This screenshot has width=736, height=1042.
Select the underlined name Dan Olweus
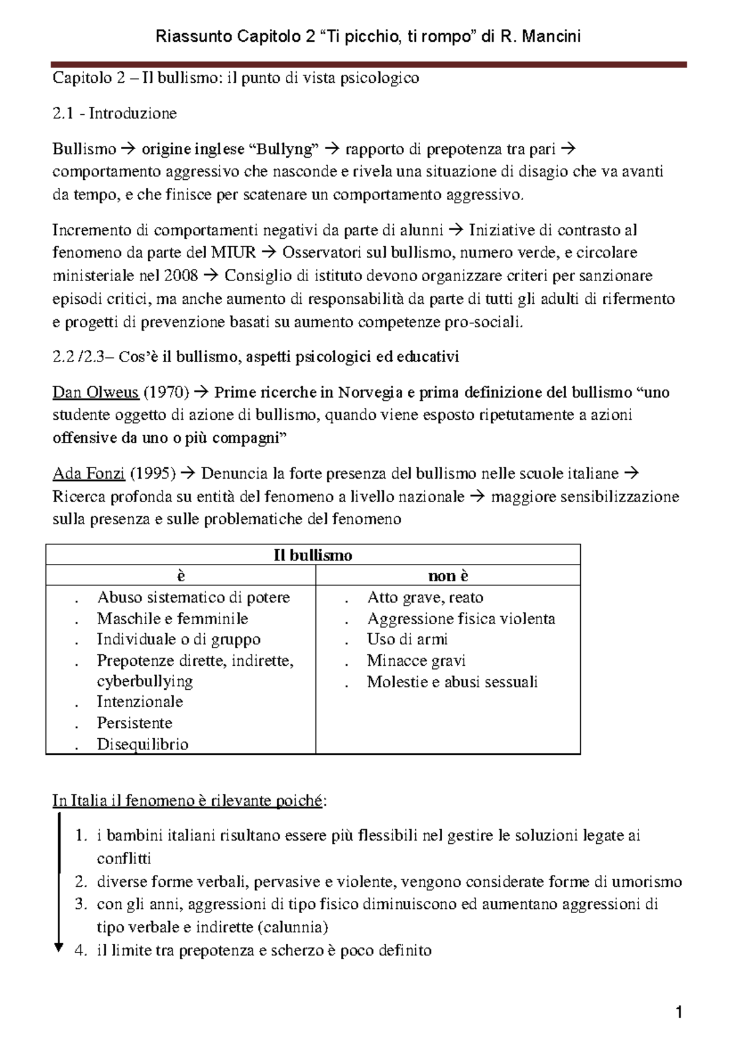coord(95,392)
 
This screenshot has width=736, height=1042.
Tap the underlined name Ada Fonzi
coord(89,474)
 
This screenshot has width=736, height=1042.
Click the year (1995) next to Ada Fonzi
coord(153,474)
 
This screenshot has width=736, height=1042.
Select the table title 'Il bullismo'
coord(313,555)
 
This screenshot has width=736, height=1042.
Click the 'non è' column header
coord(448,576)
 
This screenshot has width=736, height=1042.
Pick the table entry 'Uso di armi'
coord(407,639)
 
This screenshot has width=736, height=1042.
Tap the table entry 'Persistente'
coord(134,723)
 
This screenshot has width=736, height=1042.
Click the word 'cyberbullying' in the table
coord(145,681)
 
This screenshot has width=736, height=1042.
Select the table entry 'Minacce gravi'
coord(416,661)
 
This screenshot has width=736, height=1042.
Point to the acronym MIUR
coord(233,253)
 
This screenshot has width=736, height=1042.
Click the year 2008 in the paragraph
coord(181,276)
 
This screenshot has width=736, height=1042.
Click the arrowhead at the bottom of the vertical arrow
coord(59,947)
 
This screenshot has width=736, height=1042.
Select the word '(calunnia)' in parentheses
coord(293,927)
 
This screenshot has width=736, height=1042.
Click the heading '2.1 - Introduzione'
coord(115,114)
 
